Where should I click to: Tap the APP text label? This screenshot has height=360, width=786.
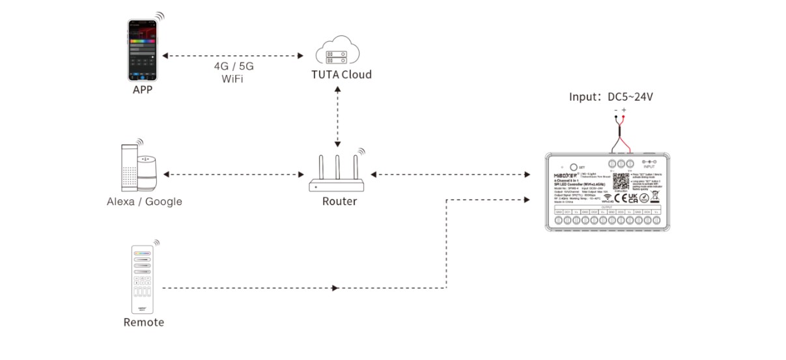click(x=142, y=90)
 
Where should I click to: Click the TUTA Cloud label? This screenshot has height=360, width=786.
click(x=341, y=75)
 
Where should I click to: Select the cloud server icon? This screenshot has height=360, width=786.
click(x=337, y=51)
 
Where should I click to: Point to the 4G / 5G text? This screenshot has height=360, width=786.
click(x=233, y=66)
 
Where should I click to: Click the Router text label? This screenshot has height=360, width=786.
click(x=339, y=202)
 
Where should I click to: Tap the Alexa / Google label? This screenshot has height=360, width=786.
click(x=145, y=202)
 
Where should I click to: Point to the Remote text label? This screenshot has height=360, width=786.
click(x=143, y=323)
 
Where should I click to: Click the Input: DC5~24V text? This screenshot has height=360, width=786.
click(x=611, y=97)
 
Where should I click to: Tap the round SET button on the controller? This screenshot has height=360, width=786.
click(x=573, y=167)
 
